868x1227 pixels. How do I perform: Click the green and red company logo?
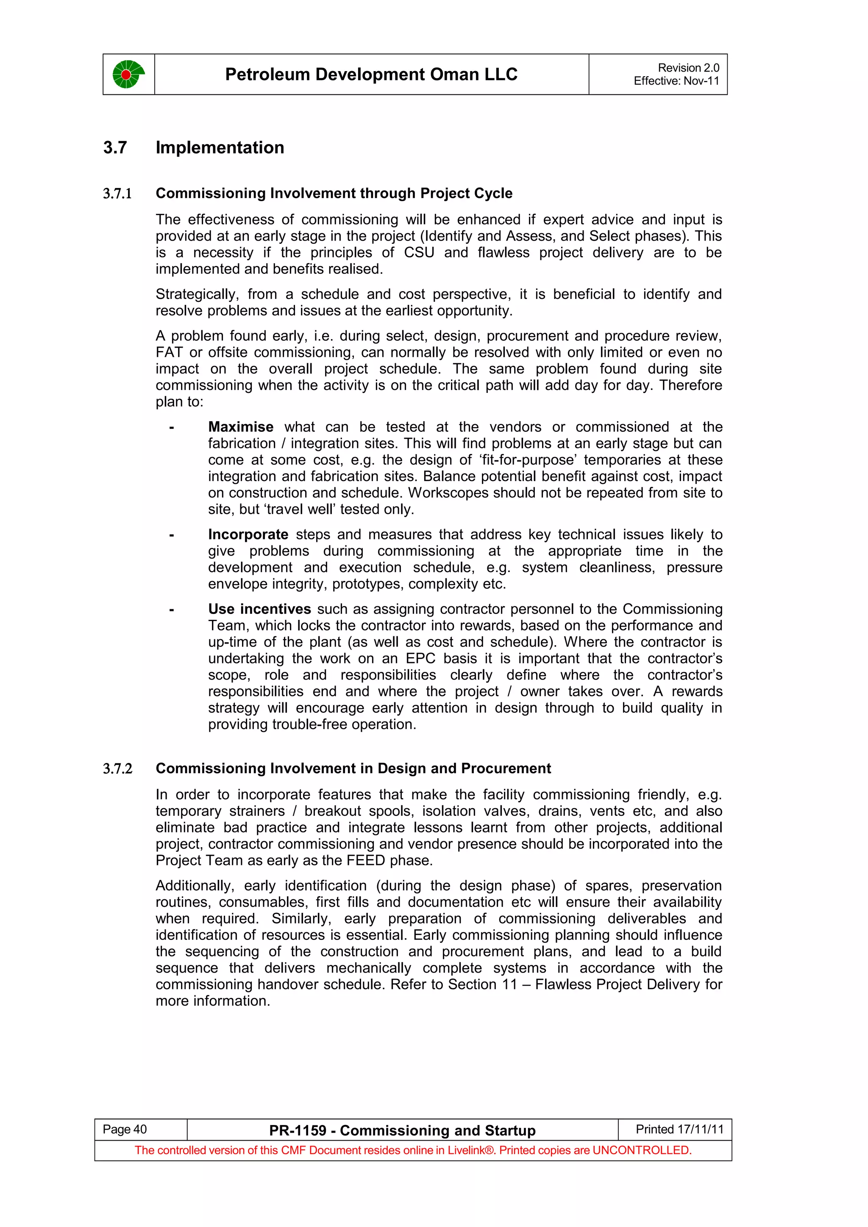128,74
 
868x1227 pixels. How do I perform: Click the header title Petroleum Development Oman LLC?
371,74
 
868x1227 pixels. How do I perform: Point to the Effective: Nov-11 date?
676,81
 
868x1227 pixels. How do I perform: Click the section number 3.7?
115,147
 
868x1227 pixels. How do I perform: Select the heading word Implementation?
220,147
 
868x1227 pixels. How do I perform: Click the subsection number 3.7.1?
117,193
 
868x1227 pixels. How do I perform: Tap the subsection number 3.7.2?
117,768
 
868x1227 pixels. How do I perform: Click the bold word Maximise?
241,427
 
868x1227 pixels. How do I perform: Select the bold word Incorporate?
248,534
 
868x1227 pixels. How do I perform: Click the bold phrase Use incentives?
259,609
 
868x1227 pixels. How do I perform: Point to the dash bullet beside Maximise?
171,428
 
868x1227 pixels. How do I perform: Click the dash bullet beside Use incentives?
171,610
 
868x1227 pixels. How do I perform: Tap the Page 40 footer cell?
125,1129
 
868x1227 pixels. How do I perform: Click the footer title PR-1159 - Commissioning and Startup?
402,1130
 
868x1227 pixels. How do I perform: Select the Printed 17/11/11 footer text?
679,1129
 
